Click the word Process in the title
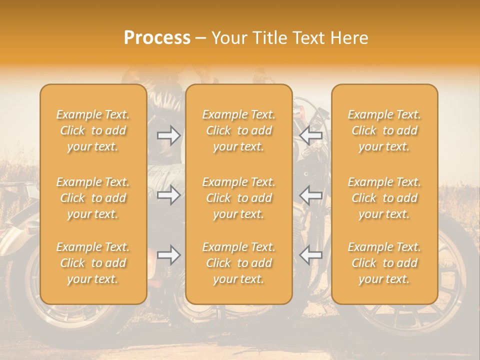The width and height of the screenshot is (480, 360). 157,38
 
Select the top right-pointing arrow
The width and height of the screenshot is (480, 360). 168,135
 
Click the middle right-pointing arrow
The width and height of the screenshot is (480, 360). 168,195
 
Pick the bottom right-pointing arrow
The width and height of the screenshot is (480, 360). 168,255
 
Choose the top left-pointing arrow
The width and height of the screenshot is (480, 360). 311,135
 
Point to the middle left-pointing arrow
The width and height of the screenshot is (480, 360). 311,195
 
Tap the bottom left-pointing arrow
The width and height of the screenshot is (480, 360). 311,255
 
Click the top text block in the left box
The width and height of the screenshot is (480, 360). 93,130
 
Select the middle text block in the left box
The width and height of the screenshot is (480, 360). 93,198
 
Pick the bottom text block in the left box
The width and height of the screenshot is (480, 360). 93,263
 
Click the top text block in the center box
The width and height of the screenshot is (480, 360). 238,130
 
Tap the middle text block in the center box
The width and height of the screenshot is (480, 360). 238,198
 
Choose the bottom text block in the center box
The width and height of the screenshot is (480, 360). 238,263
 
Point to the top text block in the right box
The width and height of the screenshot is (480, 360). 384,130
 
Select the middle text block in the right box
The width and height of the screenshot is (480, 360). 384,198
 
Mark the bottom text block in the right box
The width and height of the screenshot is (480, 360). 384,263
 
